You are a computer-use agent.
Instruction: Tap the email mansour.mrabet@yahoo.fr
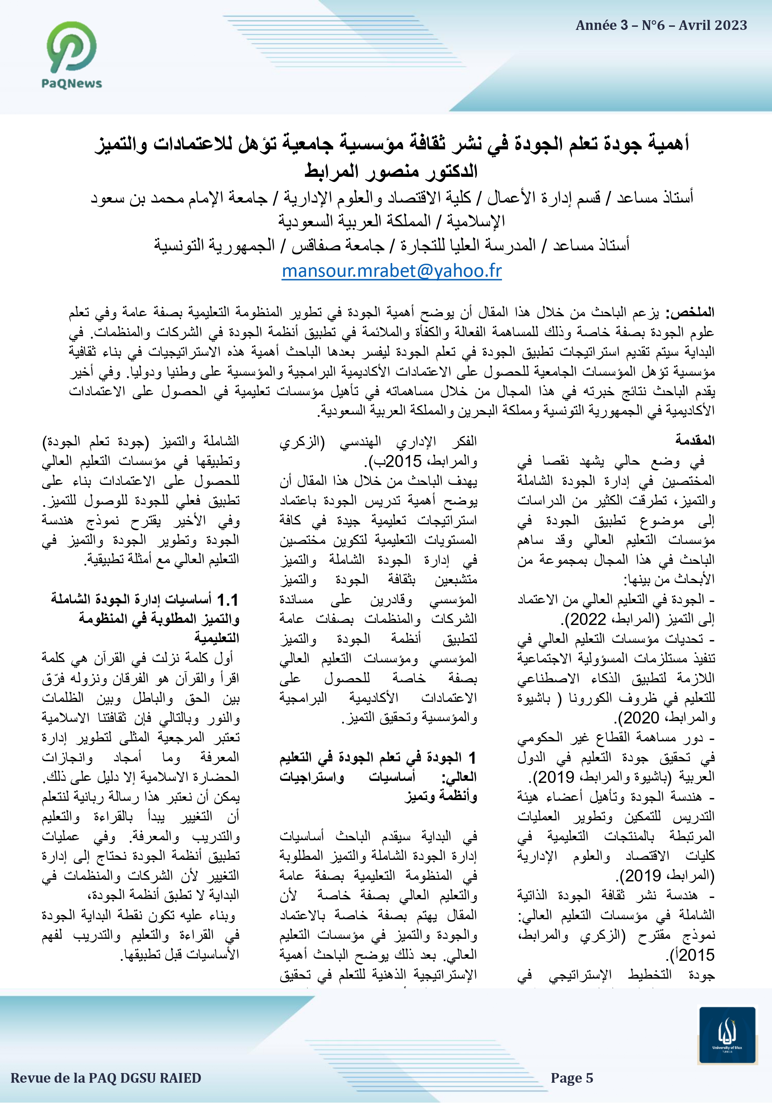point(391,271)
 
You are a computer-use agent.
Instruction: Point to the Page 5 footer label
point(571,1078)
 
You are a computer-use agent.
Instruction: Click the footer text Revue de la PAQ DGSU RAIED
point(105,1078)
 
